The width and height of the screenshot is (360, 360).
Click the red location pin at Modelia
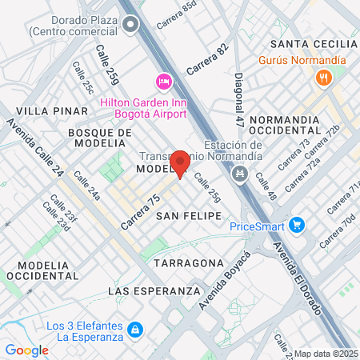[181, 162]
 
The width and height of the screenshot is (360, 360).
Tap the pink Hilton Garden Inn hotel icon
[163, 82]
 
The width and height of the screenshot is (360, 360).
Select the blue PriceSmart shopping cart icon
[296, 226]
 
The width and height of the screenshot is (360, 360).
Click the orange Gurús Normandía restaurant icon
[324, 78]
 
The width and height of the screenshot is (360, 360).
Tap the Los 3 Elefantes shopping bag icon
[136, 330]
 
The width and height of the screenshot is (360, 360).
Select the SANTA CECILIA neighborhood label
[308, 42]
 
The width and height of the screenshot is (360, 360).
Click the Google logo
[26, 350]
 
